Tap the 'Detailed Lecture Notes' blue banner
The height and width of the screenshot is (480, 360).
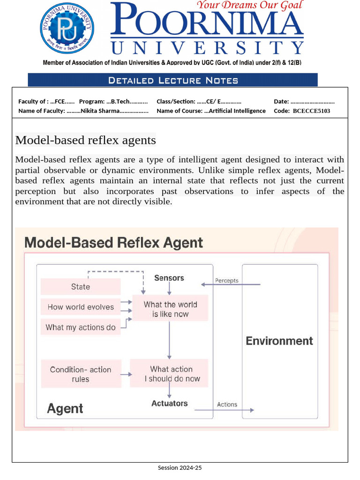coord(172,80)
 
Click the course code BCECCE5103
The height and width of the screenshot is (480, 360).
coord(311,111)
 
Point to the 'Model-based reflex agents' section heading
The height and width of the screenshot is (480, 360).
coord(85,140)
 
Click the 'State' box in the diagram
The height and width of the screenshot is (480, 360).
coord(81,287)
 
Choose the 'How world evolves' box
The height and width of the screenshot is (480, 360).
coord(81,307)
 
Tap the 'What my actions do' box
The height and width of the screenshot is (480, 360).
coord(81,327)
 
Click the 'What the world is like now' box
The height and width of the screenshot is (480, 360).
coord(170,309)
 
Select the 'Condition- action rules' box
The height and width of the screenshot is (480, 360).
coord(81,374)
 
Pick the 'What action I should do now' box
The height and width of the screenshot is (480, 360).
coord(172,374)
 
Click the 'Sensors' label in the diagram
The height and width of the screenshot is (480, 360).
coord(169,278)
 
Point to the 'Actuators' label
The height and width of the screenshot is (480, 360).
coord(169,403)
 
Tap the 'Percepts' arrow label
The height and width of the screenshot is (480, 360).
coord(227,281)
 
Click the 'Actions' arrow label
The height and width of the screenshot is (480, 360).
coord(227,405)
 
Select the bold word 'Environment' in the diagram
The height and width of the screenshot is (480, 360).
coord(279,341)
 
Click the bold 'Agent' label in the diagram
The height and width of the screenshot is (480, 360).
coord(65,409)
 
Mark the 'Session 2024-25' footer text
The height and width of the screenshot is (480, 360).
coord(180,468)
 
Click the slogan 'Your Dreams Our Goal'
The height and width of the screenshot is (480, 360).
coord(249,6)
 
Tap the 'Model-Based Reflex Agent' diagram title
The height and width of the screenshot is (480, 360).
coord(113,243)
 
